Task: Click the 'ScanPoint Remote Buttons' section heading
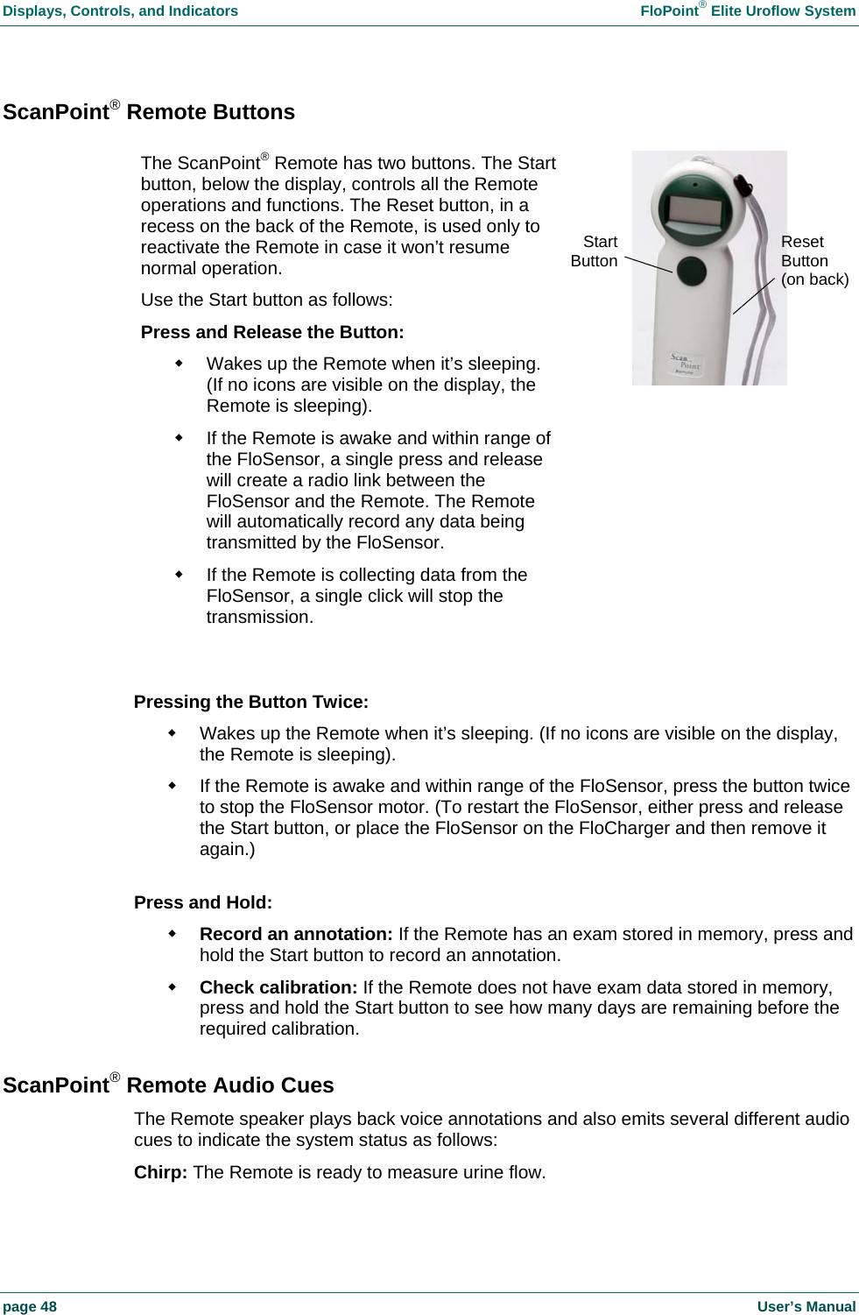coord(149,112)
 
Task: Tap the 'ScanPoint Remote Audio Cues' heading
coord(168,1085)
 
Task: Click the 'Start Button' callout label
coord(595,251)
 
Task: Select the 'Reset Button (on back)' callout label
coord(813,260)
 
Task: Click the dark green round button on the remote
coord(692,271)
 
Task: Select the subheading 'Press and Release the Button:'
coord(272,332)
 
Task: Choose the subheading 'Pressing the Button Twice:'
coord(251,702)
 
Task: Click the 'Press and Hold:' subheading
coord(203,902)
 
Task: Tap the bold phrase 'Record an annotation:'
coord(296,934)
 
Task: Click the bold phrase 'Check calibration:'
coord(278,987)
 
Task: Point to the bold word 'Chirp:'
coord(160,1172)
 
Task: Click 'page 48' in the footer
coord(30,1306)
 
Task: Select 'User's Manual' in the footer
coord(806,1306)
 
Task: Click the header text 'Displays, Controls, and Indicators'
coord(120,11)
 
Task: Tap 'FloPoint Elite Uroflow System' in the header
coord(748,11)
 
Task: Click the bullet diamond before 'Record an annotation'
coord(173,933)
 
